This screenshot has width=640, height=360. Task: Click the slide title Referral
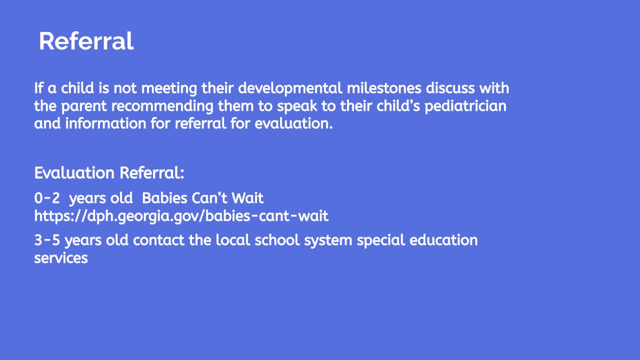click(x=86, y=41)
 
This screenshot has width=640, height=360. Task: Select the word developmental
click(x=290, y=88)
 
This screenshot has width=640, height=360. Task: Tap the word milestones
click(x=384, y=88)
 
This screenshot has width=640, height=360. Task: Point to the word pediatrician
click(x=465, y=106)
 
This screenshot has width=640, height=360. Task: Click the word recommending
click(x=162, y=106)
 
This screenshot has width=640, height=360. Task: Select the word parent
click(x=83, y=106)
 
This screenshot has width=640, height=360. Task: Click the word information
click(x=105, y=123)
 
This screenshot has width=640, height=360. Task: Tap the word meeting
click(x=169, y=89)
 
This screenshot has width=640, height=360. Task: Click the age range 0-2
click(x=47, y=198)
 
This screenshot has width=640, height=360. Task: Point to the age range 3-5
click(x=47, y=240)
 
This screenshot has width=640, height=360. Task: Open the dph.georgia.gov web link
click(x=181, y=216)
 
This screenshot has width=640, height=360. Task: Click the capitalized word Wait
click(x=247, y=198)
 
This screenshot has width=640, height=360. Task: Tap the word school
click(x=277, y=240)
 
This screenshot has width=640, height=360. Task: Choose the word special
click(x=381, y=240)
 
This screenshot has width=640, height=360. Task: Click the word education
click(x=443, y=240)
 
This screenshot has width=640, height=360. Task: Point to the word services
click(x=61, y=258)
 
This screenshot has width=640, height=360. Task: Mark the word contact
click(x=158, y=240)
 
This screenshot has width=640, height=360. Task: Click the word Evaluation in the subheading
click(x=74, y=173)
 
